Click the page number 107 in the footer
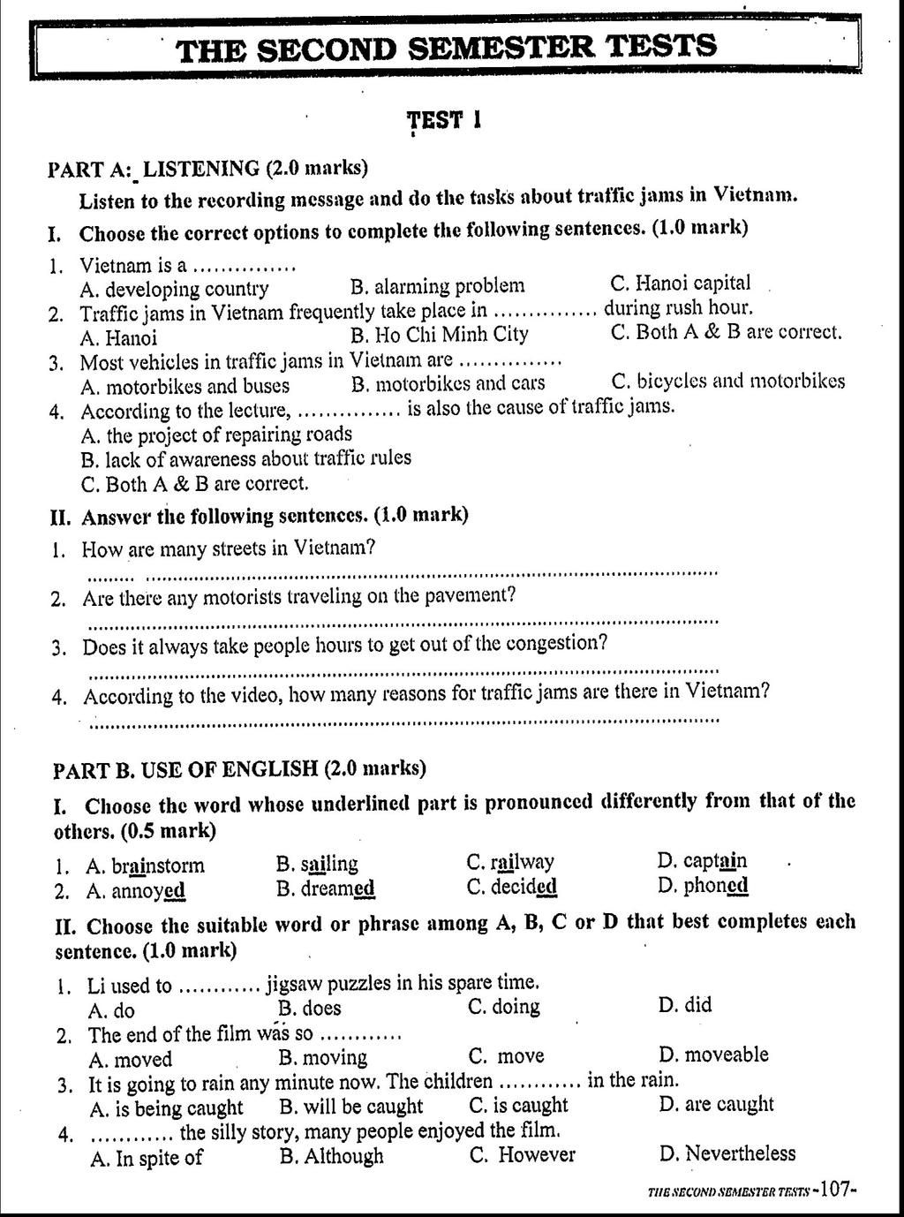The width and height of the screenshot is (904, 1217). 834,1189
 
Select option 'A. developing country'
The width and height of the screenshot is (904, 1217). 174,289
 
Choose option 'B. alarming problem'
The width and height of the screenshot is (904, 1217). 437,286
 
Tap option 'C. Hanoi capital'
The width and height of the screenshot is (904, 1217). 681,283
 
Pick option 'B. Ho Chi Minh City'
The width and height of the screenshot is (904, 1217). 439,335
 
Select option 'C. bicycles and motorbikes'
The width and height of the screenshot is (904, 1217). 727,382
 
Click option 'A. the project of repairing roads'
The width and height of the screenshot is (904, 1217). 216,435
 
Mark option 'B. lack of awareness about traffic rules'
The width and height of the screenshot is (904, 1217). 245,459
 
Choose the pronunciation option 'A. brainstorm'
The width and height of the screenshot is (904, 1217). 146,866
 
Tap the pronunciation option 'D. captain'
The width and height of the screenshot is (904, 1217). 702,861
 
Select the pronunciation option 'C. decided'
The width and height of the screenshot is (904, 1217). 512,887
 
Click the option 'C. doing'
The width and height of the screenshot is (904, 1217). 504,1007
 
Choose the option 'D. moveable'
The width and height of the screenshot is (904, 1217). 713,1054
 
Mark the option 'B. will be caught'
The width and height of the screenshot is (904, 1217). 351,1107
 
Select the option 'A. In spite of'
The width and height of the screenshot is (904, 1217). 147,1158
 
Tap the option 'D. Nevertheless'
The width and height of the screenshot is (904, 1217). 727,1153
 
